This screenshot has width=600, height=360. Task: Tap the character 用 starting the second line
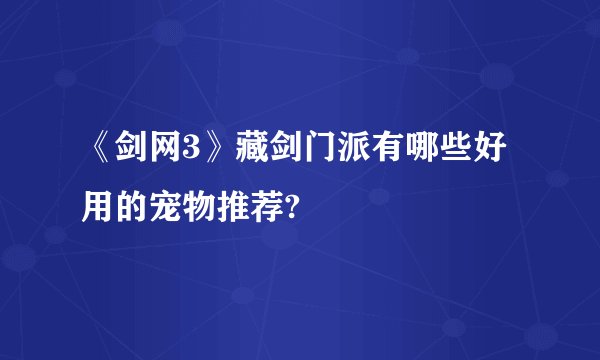98,207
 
